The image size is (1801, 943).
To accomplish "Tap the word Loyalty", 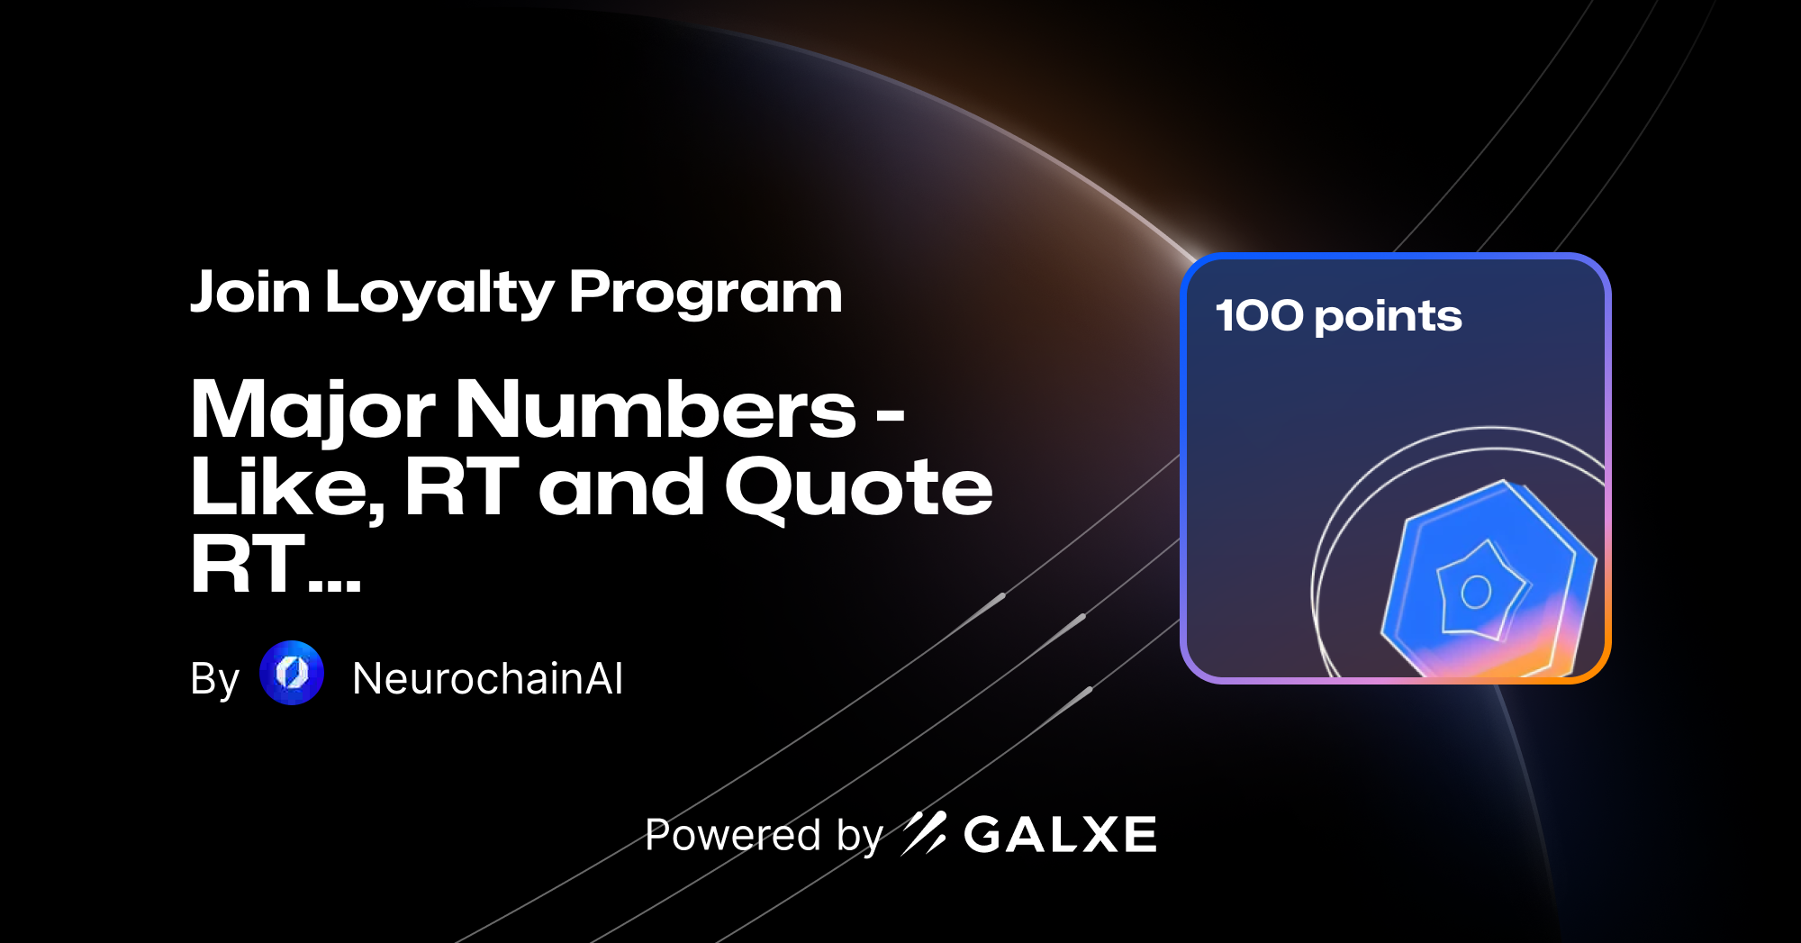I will tap(439, 294).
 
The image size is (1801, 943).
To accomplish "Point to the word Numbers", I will tap(656, 409).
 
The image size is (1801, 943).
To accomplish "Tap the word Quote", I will tap(859, 488).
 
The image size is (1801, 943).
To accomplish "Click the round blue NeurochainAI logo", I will tap(292, 673).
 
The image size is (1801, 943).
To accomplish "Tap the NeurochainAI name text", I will tap(487, 678).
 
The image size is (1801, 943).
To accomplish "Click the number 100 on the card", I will tap(1259, 316).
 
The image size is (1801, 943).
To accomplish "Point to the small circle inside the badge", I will tap(1476, 592).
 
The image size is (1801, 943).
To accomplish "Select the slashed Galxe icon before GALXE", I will tap(924, 833).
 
